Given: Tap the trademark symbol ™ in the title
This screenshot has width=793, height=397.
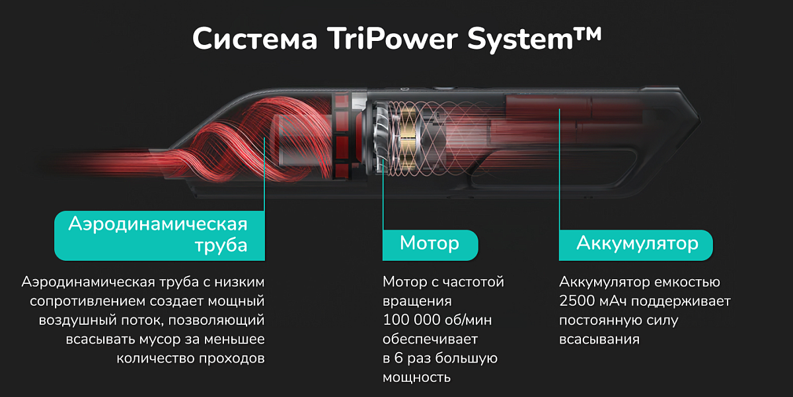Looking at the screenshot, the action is click(x=587, y=34).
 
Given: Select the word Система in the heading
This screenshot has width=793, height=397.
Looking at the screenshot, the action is click(x=255, y=39).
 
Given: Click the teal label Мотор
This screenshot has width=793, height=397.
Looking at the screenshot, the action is click(x=430, y=245).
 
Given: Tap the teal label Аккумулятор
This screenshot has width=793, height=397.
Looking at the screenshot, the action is click(x=636, y=245).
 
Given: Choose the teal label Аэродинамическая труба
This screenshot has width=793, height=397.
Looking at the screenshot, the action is click(x=160, y=236).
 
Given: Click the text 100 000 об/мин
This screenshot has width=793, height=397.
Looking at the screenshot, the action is click(x=437, y=320).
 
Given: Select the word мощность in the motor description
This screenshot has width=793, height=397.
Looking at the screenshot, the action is click(x=417, y=378).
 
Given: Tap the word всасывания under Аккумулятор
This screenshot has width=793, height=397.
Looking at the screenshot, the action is click(x=599, y=339).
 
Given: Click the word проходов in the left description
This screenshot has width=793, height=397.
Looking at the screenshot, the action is click(x=231, y=359).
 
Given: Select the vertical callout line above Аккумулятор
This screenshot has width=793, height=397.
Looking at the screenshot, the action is click(x=559, y=169).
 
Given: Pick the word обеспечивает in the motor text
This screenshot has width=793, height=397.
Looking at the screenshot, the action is click(x=430, y=339).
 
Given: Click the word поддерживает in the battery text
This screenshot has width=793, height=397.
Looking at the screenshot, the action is click(x=681, y=301).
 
